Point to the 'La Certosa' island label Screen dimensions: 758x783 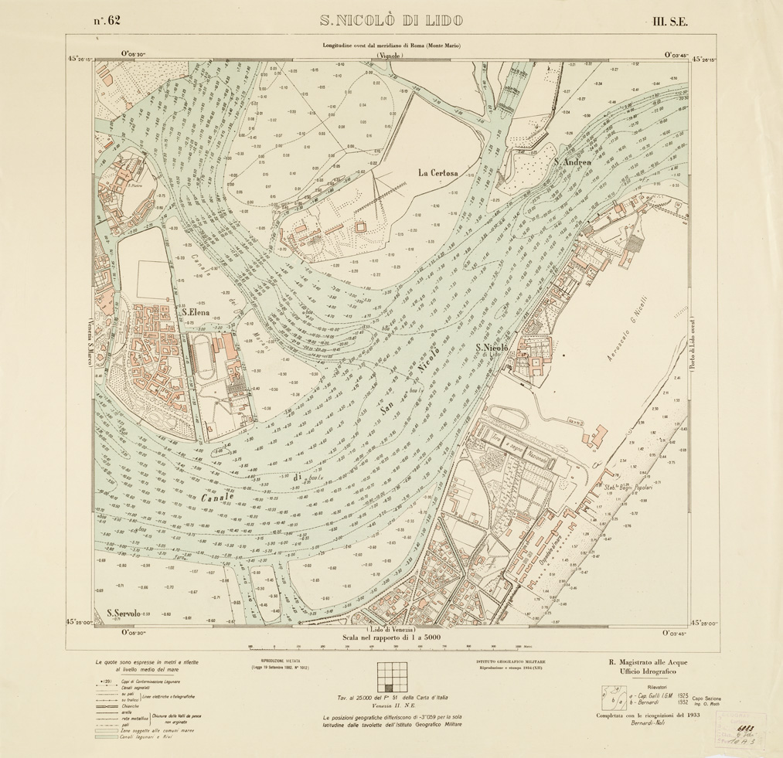click(439, 173)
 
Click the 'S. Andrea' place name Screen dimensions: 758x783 click(573, 162)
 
